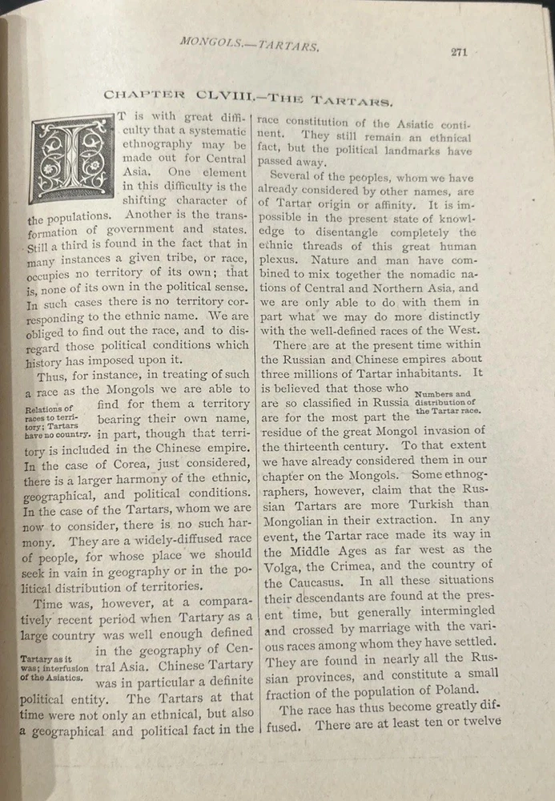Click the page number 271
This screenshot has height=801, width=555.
pos(458,52)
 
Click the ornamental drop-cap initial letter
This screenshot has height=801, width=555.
pos(71,158)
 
